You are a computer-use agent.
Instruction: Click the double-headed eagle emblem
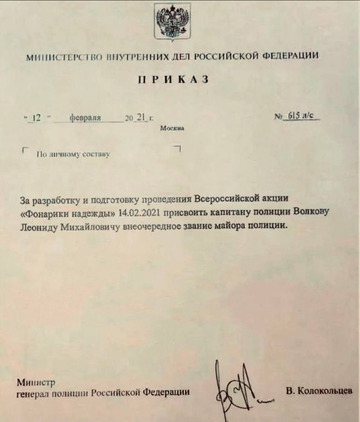172,20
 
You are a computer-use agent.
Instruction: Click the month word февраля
85,118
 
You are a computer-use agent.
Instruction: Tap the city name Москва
172,129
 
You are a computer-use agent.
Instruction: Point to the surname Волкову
311,211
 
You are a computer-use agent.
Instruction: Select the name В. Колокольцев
319,391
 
